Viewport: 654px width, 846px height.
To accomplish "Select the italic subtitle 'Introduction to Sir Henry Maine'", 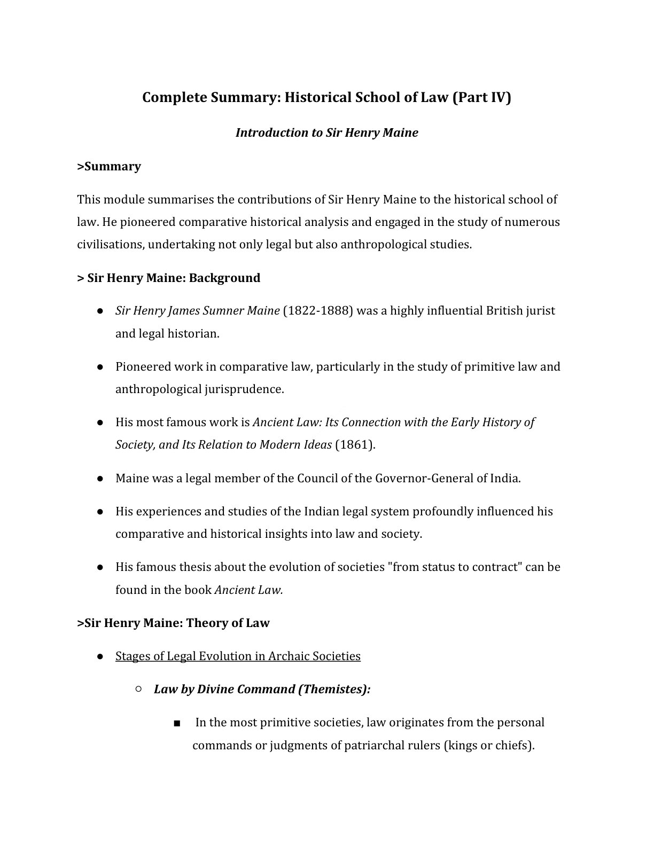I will point(326,132).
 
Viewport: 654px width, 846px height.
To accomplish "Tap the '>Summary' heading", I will point(109,167).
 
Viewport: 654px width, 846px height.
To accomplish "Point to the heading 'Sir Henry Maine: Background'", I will point(173,278).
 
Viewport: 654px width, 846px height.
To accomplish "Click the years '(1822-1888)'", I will point(317,311).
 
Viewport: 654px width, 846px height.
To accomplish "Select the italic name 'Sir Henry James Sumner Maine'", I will point(197,311).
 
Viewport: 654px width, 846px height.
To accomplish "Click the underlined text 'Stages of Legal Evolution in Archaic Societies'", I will point(238,656).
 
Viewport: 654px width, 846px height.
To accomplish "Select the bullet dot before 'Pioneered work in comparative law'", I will point(100,367).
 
